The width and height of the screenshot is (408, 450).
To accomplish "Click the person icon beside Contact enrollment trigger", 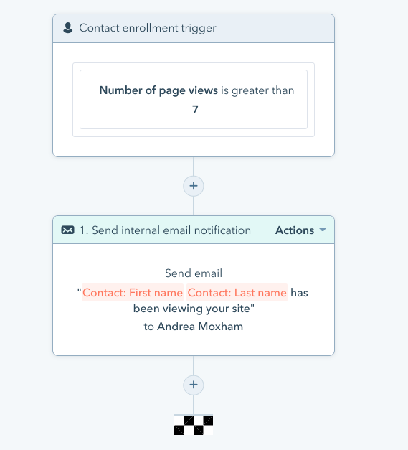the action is [68, 28].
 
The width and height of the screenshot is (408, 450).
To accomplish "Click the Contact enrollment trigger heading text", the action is [148, 28].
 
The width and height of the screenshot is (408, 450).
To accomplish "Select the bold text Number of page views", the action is [158, 90].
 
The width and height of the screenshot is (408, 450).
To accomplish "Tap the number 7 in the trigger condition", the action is [195, 109].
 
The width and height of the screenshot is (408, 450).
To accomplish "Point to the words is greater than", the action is [257, 90].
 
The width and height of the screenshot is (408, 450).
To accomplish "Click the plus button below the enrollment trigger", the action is [194, 186].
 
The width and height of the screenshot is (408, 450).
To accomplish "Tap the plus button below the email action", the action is [194, 385].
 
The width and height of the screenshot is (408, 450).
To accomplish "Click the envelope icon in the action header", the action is [67, 230].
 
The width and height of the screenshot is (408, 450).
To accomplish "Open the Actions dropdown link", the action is [295, 230].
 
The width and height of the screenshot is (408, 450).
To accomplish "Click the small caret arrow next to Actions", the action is [323, 230].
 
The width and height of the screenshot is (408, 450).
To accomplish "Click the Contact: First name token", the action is [133, 292].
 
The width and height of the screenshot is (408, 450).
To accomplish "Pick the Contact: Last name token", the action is [237, 292].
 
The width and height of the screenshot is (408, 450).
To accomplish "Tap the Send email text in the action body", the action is [194, 273].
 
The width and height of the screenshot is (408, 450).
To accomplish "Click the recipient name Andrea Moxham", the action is [200, 327].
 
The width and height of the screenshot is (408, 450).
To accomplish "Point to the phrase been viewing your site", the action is [192, 309].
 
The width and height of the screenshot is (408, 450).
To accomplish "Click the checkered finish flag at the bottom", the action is [194, 425].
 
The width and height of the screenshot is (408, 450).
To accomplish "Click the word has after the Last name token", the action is [299, 293].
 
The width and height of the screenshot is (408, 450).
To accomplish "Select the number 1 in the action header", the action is [82, 230].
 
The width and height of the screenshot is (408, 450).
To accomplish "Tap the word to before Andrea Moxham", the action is [149, 327].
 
